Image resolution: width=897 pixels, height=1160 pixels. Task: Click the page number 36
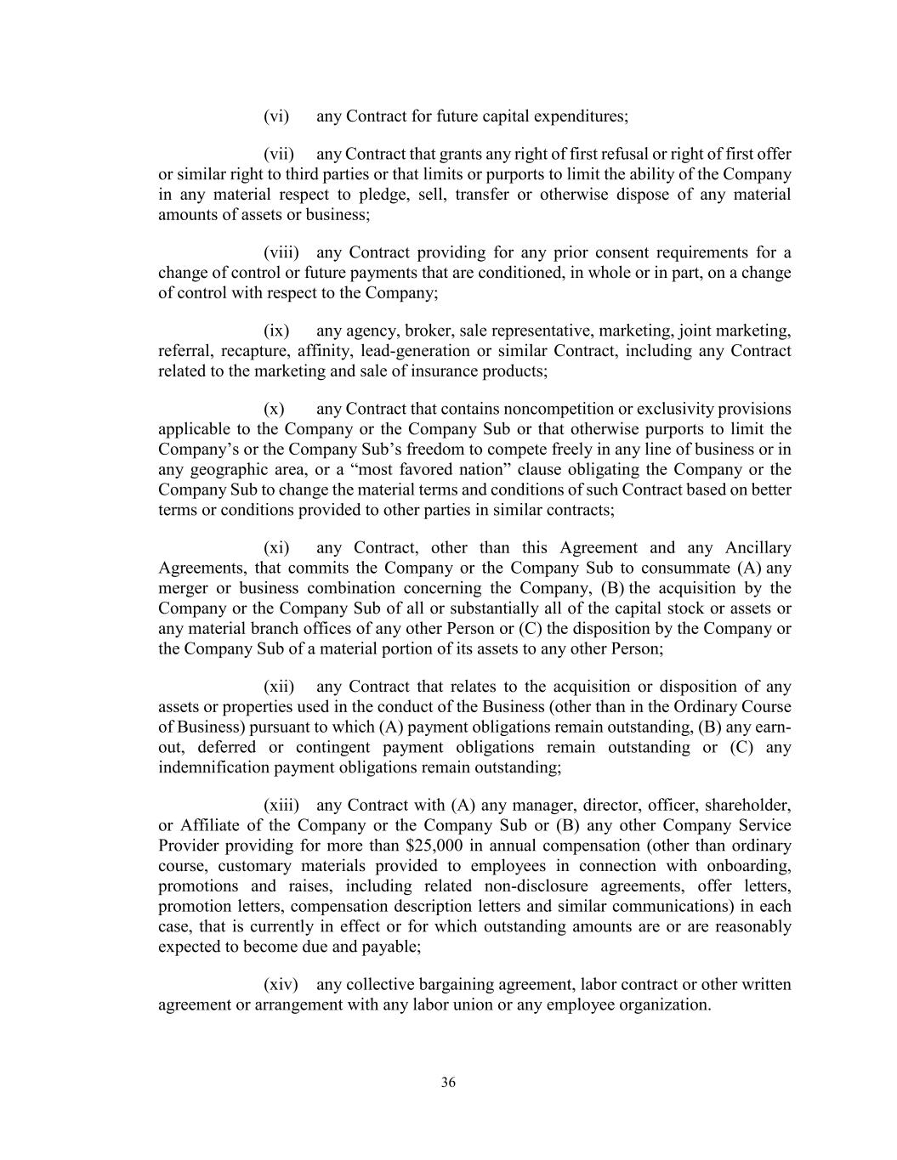click(449, 1083)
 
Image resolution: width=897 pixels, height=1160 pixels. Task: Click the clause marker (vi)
click(276, 116)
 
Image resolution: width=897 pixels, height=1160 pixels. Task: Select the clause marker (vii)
click(279, 155)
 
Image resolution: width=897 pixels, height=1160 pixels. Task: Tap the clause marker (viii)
click(281, 253)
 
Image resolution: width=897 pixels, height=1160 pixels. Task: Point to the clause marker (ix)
click(276, 331)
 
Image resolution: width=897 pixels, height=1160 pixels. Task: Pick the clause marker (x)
click(274, 410)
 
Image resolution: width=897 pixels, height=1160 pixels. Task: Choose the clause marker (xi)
click(276, 548)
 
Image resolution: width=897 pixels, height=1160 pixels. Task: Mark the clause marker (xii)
click(279, 687)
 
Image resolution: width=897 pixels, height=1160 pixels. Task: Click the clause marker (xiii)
click(281, 806)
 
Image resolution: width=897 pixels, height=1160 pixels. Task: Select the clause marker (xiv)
click(281, 985)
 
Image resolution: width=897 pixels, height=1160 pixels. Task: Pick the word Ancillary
click(758, 548)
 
